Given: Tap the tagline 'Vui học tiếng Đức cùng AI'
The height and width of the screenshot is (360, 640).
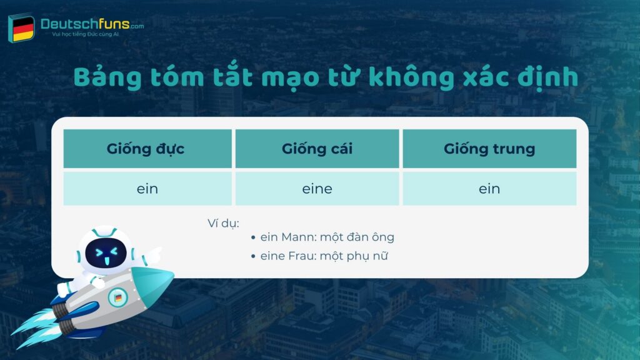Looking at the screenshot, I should point(86,34).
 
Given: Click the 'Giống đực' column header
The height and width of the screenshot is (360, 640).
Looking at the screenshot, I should point(147,149).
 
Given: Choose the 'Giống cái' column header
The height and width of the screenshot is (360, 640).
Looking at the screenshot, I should point(317,149).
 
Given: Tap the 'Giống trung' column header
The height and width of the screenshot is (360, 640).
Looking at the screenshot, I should point(489,149).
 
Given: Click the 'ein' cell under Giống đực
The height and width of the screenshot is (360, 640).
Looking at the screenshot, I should point(147,189).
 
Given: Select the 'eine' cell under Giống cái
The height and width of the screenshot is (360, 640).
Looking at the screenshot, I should point(317,189).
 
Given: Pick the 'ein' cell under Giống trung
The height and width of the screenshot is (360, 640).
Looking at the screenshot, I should point(489,189).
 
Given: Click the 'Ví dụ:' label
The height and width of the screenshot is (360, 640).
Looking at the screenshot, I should point(223,222).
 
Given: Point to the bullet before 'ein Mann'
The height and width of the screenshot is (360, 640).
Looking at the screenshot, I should point(253,238).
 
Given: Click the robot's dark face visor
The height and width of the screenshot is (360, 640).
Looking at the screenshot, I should point(106,252).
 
